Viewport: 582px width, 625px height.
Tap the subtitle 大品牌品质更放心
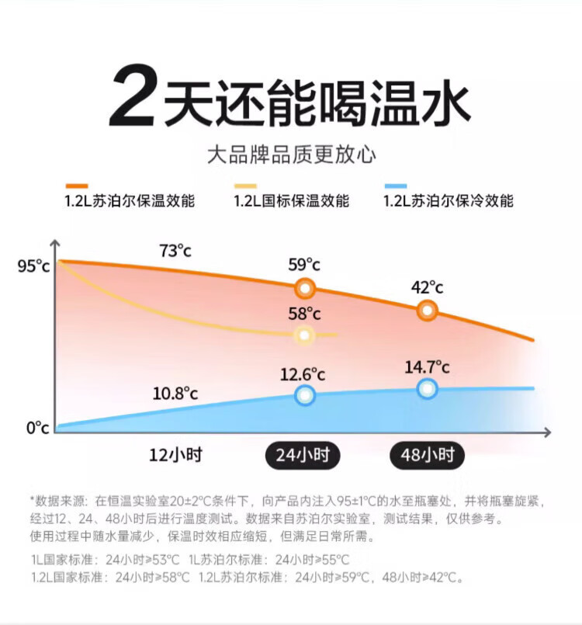tap(291, 155)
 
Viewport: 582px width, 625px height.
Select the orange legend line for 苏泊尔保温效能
tap(77, 186)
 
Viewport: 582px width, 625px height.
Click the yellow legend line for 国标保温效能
tap(245, 186)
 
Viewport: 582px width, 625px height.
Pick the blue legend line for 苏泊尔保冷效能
tap(396, 186)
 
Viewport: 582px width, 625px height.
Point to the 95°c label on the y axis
tap(33, 266)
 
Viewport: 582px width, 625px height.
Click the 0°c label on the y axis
tap(37, 428)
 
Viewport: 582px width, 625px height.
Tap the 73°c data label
tap(175, 251)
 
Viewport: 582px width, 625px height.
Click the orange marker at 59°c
tap(305, 289)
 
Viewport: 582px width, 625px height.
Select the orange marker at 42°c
tap(427, 311)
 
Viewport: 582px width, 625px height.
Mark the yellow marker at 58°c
tap(304, 335)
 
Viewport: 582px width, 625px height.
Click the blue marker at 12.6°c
tap(305, 395)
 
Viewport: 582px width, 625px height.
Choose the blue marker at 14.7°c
tap(427, 388)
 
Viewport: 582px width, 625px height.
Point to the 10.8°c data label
tap(175, 393)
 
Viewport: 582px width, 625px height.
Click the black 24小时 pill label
tap(304, 454)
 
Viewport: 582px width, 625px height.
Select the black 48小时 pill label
tap(427, 454)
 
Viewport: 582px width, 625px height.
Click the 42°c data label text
tap(427, 287)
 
